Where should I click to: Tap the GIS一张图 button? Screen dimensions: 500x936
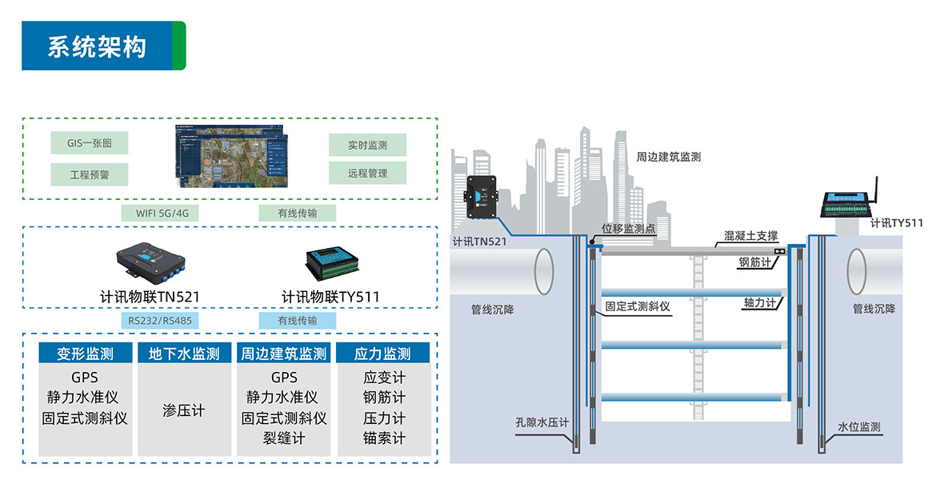89,144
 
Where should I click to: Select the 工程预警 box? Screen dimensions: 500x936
89,174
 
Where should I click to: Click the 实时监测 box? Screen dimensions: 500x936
367,145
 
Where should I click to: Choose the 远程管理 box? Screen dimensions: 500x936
367,173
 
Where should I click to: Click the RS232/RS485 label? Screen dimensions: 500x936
162,321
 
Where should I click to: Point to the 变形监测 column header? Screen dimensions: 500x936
85,354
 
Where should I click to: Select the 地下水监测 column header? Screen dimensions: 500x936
184,354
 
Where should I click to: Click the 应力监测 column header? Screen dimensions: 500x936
384,354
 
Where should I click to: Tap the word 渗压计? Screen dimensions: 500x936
184,410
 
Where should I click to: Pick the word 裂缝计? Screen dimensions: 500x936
284,438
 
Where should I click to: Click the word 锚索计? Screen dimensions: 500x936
384,438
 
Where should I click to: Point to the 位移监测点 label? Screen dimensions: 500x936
629,229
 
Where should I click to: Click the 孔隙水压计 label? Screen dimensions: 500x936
542,423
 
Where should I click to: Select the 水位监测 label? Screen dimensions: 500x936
859,427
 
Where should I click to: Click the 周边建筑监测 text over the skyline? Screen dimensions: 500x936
668,157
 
